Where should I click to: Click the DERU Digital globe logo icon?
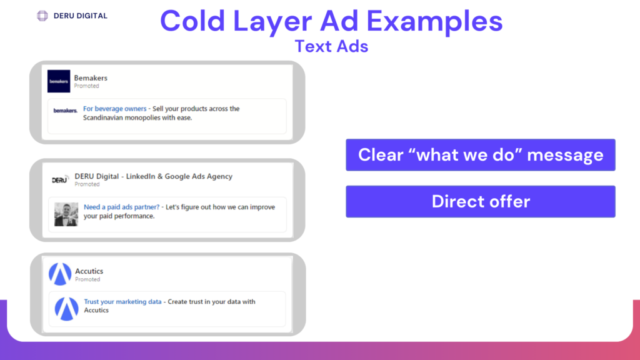point(42,16)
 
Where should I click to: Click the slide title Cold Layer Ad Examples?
point(331,21)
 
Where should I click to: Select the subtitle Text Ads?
point(331,46)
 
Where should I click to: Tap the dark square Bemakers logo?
point(59,81)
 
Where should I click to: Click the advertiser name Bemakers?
point(91,78)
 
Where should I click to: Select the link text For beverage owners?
point(115,109)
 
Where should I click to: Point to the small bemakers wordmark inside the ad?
point(65,111)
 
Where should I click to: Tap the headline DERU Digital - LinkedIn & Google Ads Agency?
point(154,176)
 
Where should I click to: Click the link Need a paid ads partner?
point(122,207)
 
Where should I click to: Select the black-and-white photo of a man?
point(66,214)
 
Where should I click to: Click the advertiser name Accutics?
point(89,271)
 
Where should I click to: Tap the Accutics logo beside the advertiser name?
point(60,274)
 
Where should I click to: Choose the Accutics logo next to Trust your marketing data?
point(66,309)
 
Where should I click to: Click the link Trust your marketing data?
point(123,302)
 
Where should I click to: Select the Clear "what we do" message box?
point(481,155)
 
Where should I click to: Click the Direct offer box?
point(481,202)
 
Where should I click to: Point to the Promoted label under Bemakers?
point(86,86)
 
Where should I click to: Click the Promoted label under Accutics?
point(87,279)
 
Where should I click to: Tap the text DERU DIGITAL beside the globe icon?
point(81,16)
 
